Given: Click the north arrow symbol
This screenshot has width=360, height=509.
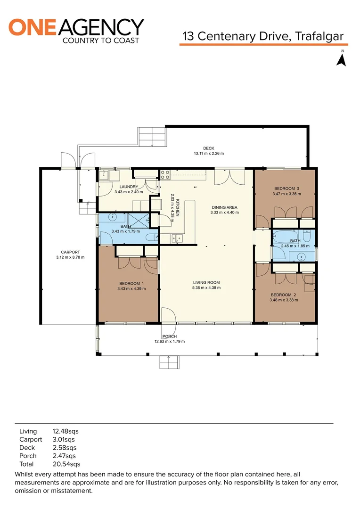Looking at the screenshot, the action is coord(341,60).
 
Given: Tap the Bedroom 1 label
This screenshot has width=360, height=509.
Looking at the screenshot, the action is coord(131,283).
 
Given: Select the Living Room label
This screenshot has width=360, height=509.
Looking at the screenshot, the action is coord(206,282).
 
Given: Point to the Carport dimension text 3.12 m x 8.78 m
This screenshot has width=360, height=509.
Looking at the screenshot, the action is coord(70,257).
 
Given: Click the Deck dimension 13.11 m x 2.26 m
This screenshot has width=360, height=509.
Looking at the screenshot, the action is coord(209,154).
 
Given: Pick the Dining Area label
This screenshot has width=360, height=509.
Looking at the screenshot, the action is coord(225,207).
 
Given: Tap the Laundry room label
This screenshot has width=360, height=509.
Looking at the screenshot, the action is coord(129,187).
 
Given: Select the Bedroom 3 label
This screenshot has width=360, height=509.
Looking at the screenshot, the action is coord(286,188).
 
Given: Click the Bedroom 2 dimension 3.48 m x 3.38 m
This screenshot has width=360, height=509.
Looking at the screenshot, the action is coord(284,300).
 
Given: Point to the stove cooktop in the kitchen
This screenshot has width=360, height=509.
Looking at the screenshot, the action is coord(165,175).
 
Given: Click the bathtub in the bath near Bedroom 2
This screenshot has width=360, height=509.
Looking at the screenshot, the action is coord(285,237).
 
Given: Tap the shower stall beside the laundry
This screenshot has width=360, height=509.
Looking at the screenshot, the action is coord(139,221).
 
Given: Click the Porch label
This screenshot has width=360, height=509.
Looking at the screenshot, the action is coord(170,337).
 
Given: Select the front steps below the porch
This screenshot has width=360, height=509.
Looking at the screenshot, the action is coord(169,362).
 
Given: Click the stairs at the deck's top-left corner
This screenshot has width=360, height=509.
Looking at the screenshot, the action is coord(152,137).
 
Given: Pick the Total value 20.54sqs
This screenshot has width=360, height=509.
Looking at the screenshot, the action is coord(66,464).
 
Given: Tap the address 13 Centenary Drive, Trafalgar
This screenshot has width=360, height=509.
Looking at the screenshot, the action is coord(263,36).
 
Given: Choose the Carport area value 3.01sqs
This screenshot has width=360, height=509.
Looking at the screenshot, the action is coord(64,440).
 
